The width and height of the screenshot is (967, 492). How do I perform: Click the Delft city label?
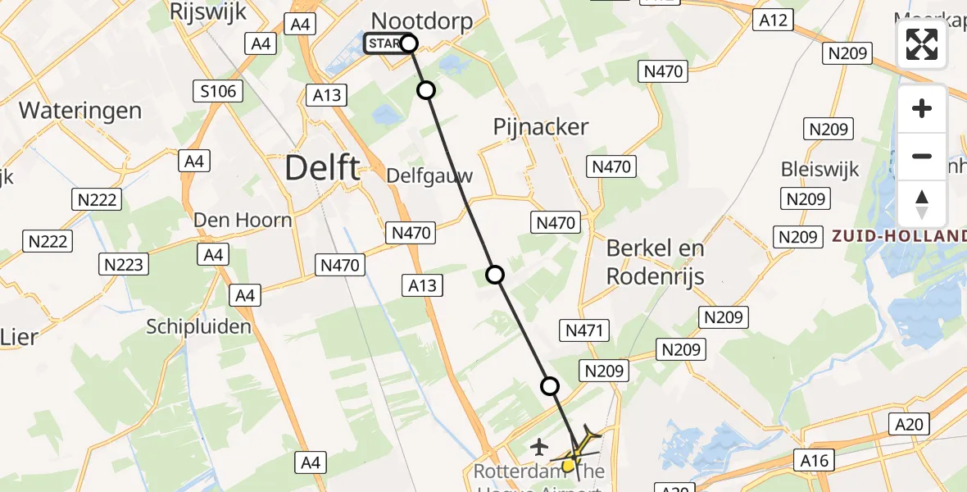pos(322,168)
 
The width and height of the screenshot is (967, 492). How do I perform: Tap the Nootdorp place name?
pos(423,20)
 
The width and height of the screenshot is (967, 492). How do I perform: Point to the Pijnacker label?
pos(540,126)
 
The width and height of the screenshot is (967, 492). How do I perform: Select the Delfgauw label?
pos(429,176)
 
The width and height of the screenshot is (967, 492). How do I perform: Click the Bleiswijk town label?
pos(819,169)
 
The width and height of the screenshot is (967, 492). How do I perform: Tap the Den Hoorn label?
pos(243,220)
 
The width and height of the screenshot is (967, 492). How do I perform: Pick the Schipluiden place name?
pos(198,326)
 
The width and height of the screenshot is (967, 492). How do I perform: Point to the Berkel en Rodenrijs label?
pos(656,262)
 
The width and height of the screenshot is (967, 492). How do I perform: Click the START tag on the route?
pos(383,43)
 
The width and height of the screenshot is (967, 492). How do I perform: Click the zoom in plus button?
pos(922,108)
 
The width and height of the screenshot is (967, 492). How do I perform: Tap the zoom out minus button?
pos(922,156)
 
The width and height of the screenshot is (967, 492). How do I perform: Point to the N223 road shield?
pos(124,264)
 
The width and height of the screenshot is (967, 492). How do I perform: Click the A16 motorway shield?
pos(815,460)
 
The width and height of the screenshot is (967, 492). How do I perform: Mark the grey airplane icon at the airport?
pos(539,447)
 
